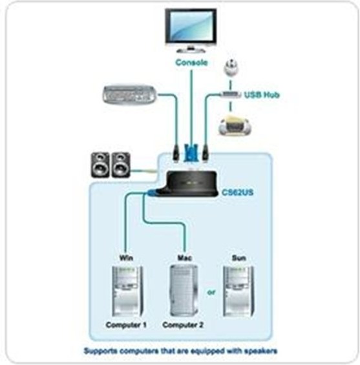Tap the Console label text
pos(191,63)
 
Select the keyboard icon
pos(130,94)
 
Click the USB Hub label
pos(262,95)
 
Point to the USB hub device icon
pos(231,94)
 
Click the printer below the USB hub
pos(235,125)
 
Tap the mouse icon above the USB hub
pos(231,67)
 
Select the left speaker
pos(100,165)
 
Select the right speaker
pos(121,165)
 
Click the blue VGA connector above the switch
pos(191,153)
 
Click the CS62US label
pos(237,193)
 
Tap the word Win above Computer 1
pos(126,258)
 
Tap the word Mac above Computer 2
pos(185,258)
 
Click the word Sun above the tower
pos(239,258)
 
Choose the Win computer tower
pos(127,291)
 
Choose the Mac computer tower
pos(184,291)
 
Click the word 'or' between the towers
pos(211,292)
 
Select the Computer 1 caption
pos(126,325)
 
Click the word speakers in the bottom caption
pos(262,351)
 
